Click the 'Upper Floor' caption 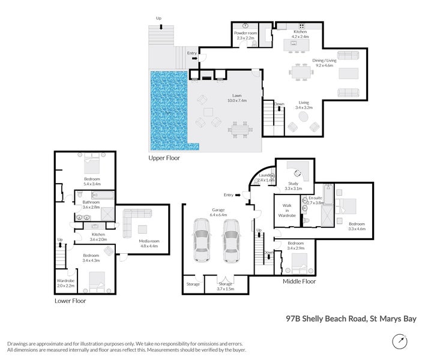[165, 159]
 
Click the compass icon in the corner [400, 341]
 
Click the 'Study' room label [293, 185]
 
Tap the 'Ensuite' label [315, 199]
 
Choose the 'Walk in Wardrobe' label [286, 209]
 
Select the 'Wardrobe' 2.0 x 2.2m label [65, 282]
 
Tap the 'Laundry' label [265, 175]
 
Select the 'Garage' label [217, 211]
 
